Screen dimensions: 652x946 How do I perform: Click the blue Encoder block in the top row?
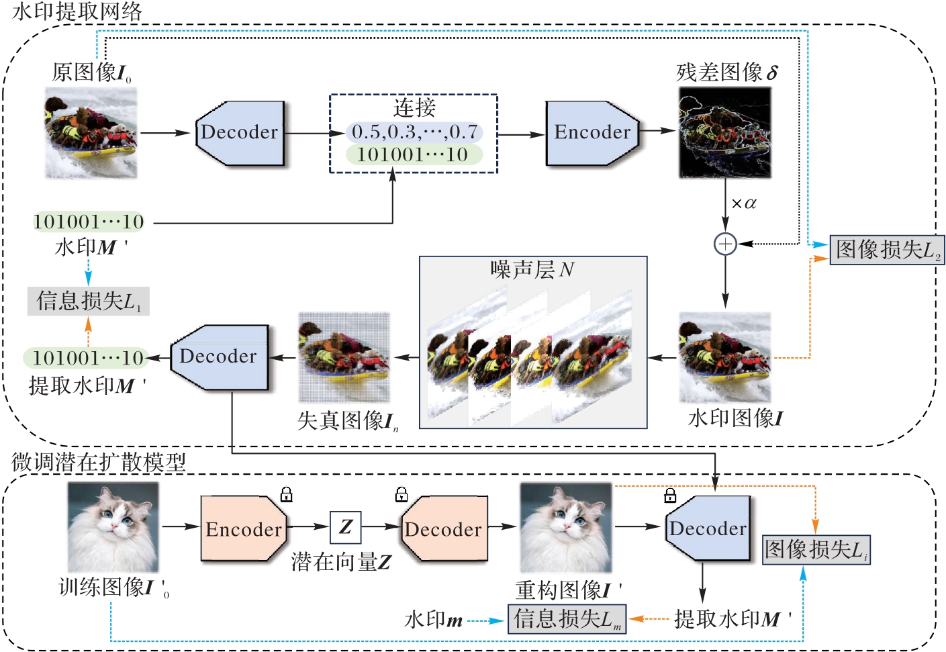tap(591, 133)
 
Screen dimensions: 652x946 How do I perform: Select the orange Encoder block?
tap(244, 529)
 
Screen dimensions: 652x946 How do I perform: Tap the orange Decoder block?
tap(444, 529)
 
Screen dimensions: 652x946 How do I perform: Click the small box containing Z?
tap(346, 527)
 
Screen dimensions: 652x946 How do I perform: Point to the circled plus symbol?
tap(725, 244)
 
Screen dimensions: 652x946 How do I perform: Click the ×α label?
tap(743, 203)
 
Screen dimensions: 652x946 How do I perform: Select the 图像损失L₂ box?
tap(887, 250)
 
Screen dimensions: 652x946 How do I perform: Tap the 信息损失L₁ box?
tap(88, 301)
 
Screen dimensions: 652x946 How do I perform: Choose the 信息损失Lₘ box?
tap(567, 618)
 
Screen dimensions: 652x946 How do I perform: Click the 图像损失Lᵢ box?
tap(816, 550)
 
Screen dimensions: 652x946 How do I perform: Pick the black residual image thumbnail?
tap(724, 133)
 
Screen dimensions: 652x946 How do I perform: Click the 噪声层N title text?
tap(532, 270)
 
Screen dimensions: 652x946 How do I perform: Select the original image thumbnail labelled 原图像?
tap(91, 134)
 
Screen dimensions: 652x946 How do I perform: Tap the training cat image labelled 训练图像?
tap(113, 528)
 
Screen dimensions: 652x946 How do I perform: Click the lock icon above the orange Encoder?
tap(287, 495)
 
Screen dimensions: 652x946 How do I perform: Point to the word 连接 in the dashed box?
tap(414, 107)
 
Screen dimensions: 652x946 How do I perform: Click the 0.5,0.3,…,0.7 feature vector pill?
tap(414, 132)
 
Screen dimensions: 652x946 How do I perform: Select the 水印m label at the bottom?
tap(434, 620)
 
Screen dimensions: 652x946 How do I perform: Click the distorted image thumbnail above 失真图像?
tap(344, 357)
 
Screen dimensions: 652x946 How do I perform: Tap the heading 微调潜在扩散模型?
tap(99, 462)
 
